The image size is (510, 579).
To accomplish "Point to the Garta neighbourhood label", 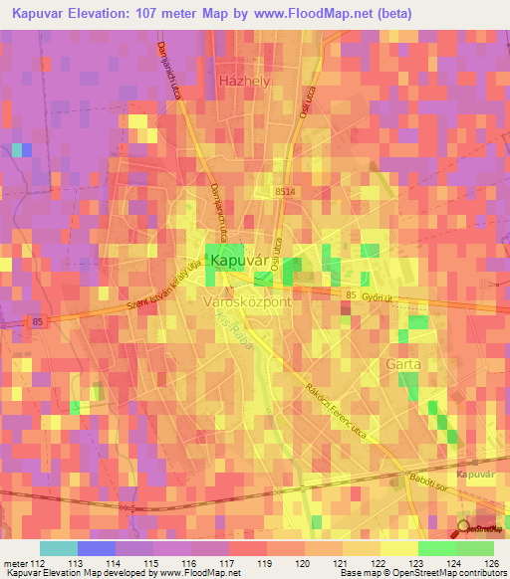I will [x=403, y=364].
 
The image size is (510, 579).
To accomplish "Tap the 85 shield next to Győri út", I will [x=350, y=294].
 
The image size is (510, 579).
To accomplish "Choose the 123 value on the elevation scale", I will [x=399, y=562].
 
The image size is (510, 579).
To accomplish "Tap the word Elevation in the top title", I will [x=103, y=13].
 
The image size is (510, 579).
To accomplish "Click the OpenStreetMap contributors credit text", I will [x=448, y=573].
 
